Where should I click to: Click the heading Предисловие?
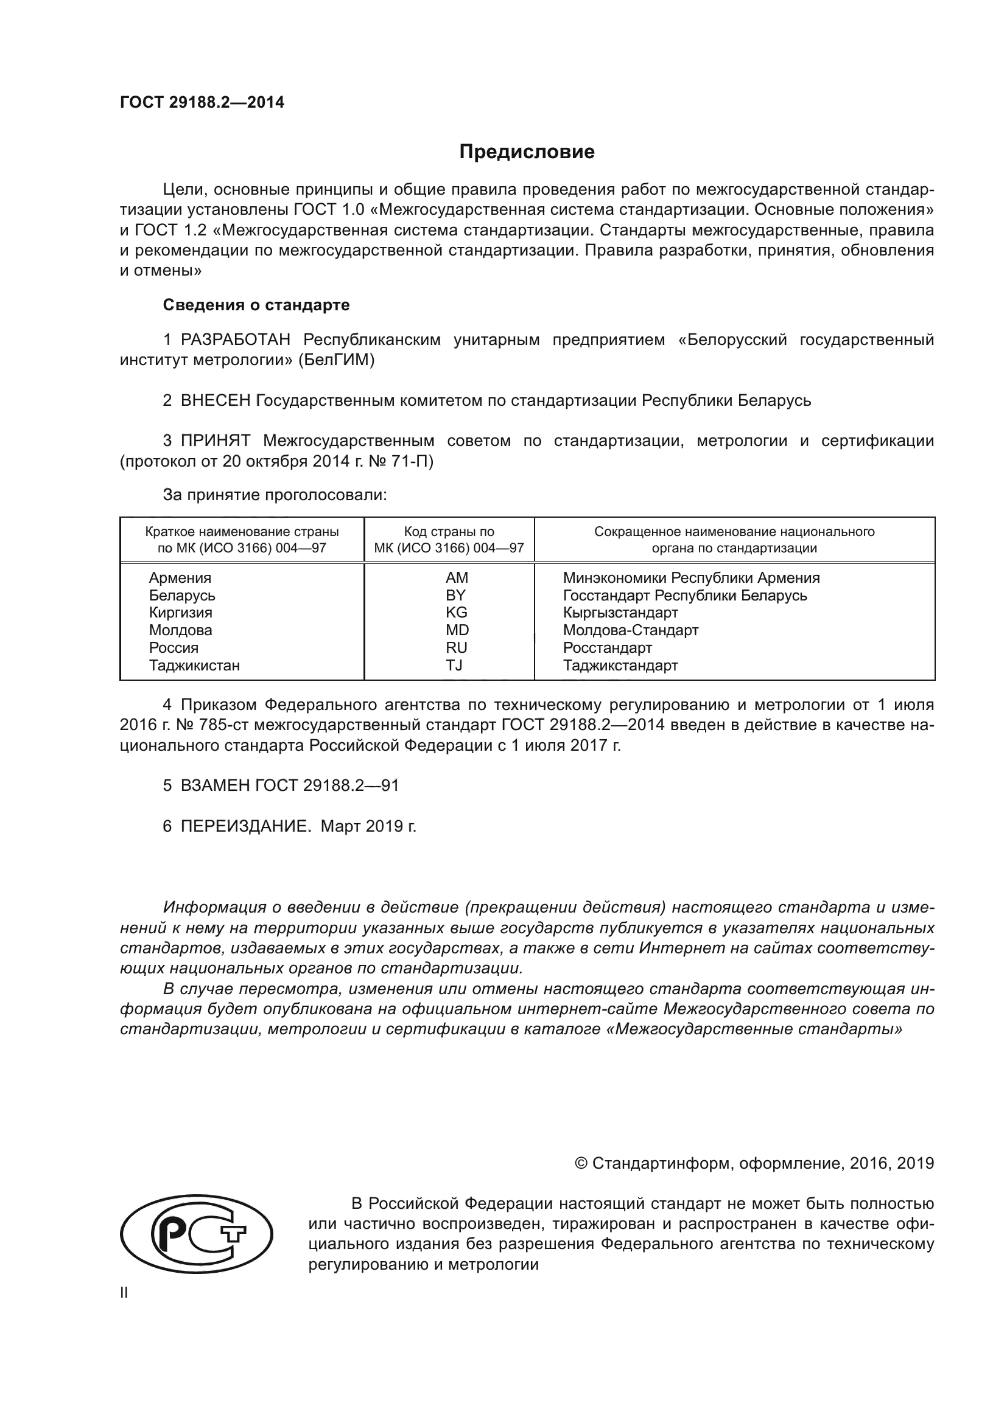pos(527,152)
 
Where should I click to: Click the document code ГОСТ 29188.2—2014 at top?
pos(202,103)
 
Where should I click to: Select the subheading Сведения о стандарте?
pos(256,305)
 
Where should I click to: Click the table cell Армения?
pos(180,577)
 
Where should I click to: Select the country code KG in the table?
pos(457,613)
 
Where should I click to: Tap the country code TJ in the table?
pos(454,665)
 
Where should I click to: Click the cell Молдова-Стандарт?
pos(631,630)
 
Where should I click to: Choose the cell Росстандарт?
pos(607,648)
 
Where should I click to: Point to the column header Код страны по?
pos(449,532)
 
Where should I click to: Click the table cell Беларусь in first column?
pos(181,596)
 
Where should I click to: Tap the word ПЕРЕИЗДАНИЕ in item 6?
pos(245,826)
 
